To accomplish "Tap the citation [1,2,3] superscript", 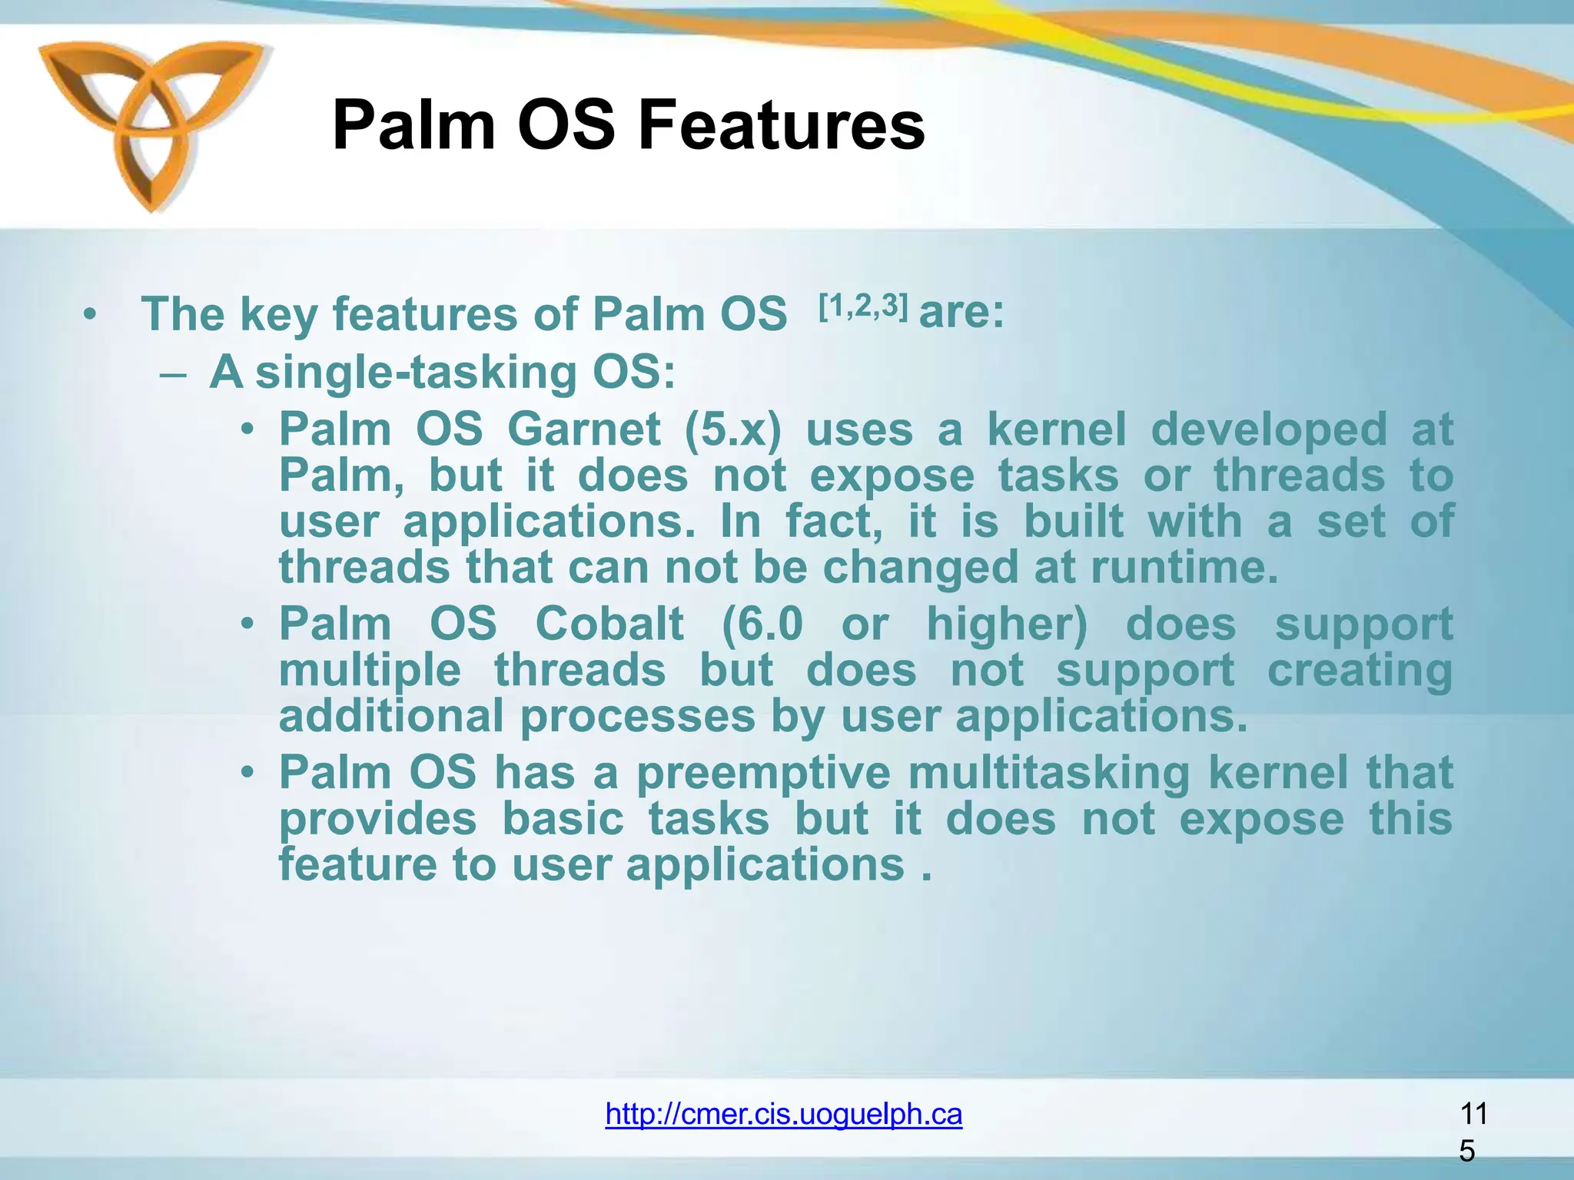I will point(863,307).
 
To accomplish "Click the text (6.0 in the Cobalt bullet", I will point(762,624).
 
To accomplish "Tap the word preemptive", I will point(763,773).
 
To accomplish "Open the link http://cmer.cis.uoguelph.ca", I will point(783,1113).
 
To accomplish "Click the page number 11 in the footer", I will point(1473,1113).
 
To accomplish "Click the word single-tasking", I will point(415,373).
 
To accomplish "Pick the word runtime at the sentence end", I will point(1184,568).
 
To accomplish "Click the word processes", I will point(638,716).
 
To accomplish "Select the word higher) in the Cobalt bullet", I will point(1007,624).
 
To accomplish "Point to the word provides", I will point(377,820).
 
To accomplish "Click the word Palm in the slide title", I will point(413,126).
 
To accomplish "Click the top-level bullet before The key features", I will point(91,315).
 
